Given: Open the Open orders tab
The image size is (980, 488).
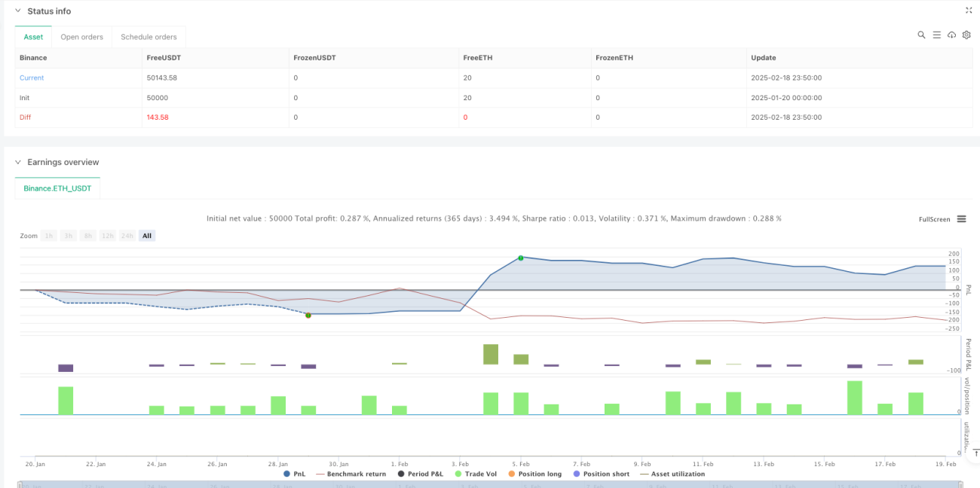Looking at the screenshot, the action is click(82, 37).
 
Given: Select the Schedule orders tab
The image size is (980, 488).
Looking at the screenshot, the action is click(149, 37).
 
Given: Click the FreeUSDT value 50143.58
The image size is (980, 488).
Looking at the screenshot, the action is click(162, 78).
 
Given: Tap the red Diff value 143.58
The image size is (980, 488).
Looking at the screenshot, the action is click(158, 117).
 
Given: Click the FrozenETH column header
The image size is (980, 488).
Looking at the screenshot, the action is click(614, 58).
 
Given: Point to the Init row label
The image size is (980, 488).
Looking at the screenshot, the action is click(24, 98).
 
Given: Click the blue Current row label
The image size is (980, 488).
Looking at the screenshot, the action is click(32, 78).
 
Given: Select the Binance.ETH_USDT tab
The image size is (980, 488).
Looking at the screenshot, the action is click(57, 188).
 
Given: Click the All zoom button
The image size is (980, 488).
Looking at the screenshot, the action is click(147, 236).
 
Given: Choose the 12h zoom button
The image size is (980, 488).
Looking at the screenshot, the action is click(108, 236).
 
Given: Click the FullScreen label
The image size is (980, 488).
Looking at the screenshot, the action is click(934, 219).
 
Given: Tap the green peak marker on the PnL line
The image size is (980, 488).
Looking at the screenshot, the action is click(521, 258).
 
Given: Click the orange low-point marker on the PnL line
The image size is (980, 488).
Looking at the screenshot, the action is click(308, 316).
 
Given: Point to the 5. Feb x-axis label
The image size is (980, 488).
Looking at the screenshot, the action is click(521, 464).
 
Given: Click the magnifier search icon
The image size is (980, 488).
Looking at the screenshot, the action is click(921, 35).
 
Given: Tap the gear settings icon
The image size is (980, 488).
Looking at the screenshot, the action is click(966, 35).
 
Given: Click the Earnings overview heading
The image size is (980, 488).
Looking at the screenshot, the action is click(63, 162).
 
